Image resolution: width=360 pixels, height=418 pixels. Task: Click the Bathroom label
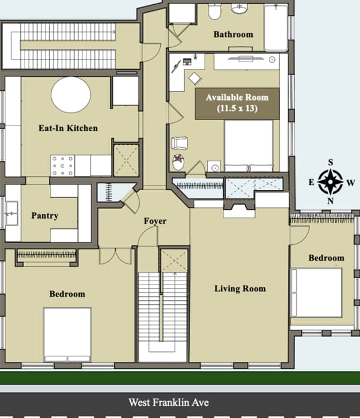coord(233,34)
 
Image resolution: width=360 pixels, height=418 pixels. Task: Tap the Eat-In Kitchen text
coord(68,128)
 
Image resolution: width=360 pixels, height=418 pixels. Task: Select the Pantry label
coord(45,215)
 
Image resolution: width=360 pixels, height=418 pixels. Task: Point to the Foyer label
coord(155,221)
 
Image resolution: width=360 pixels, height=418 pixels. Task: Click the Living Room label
coord(240,289)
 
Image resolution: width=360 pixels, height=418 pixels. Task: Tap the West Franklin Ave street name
coord(169,402)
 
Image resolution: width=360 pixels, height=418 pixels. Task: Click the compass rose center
coord(331,182)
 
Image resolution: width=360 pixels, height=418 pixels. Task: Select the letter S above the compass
coord(331,162)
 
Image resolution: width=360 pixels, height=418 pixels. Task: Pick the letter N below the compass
coord(331,201)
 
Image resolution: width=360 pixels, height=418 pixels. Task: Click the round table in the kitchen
coord(71,95)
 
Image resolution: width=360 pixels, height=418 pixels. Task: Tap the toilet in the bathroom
coord(214,11)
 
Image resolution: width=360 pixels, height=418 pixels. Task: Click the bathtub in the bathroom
coord(276,27)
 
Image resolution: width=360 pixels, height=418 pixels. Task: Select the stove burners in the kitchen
coord(63,166)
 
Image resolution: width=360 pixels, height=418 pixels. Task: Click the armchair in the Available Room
coord(180,144)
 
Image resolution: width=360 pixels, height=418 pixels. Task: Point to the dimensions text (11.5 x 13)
coord(237,108)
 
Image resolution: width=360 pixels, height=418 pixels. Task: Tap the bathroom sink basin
coord(239,9)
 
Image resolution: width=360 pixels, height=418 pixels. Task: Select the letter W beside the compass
coord(351,183)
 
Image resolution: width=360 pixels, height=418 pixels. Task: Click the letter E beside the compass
coord(311,182)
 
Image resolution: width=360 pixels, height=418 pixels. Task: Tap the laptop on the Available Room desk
coord(187,62)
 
